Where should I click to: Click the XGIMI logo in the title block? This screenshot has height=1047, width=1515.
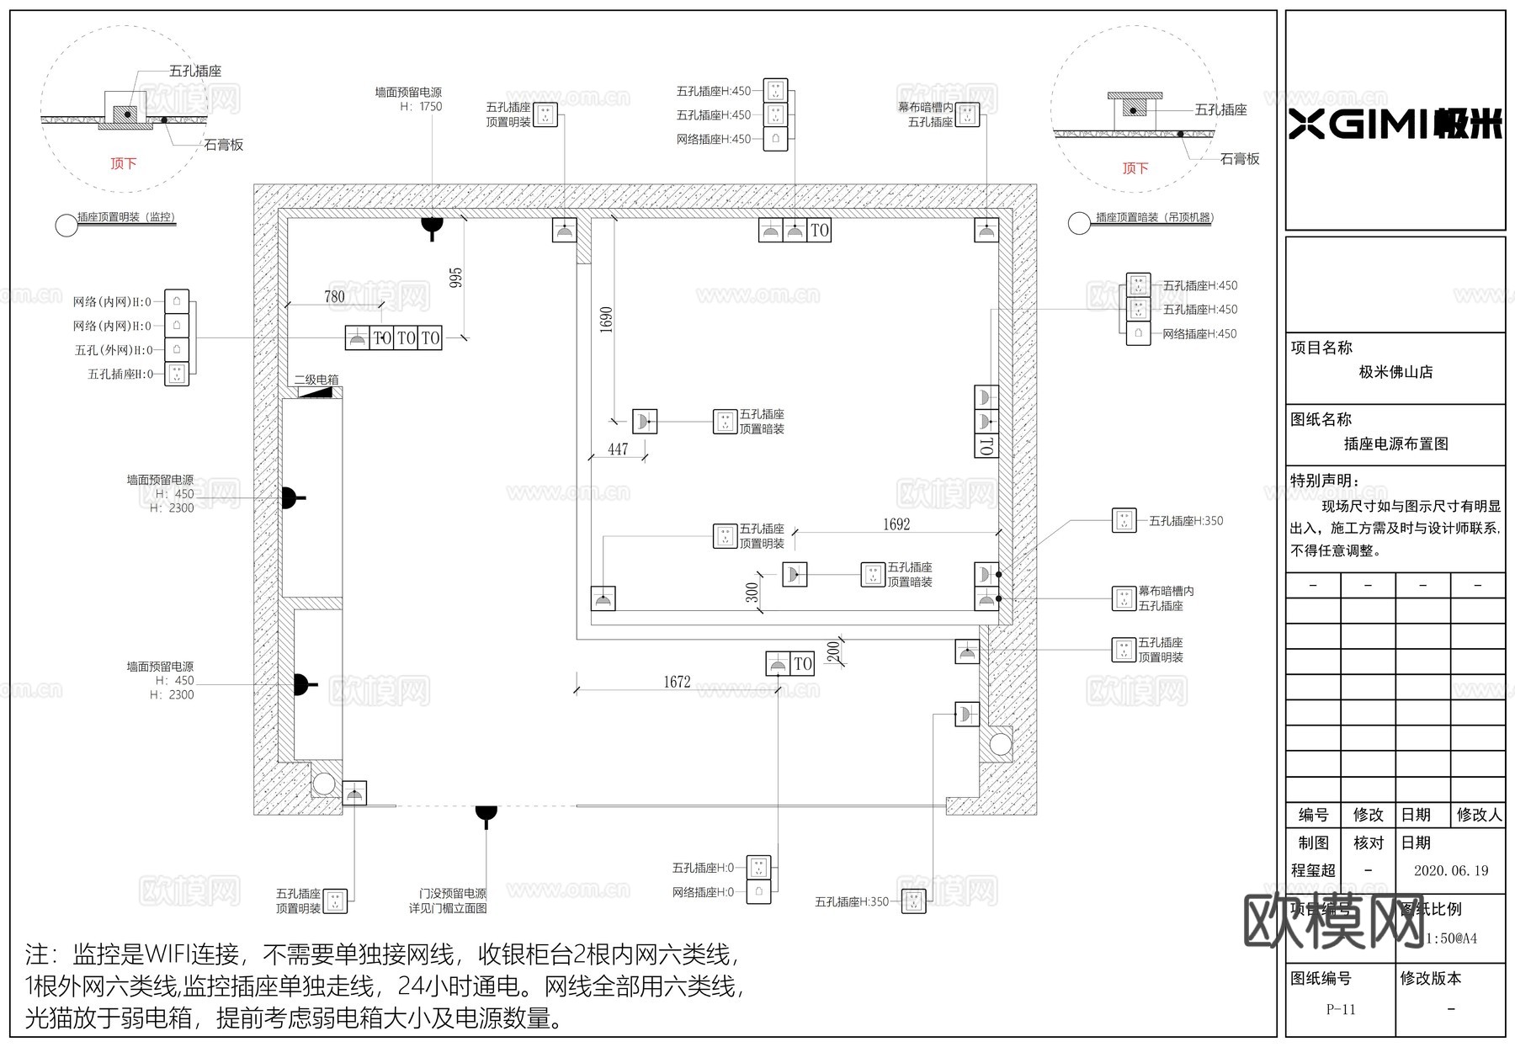1395,125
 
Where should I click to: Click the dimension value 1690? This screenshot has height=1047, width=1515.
606,320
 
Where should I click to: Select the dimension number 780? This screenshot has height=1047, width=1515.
334,296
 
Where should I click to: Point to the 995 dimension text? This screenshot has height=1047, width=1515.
455,278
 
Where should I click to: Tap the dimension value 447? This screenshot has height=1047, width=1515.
618,449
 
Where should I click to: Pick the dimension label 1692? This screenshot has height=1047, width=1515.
896,524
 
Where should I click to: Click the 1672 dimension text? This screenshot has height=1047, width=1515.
677,682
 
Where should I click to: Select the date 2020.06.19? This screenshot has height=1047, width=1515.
1451,870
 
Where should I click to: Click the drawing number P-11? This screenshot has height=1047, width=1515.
1340,1009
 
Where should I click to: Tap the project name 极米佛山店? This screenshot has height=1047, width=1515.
1395,372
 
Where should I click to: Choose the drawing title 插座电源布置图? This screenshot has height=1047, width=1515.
1395,444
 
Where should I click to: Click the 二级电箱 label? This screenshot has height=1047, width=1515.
316,380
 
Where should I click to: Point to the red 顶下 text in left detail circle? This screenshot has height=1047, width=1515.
123,163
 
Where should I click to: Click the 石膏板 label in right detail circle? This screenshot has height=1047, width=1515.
1240,158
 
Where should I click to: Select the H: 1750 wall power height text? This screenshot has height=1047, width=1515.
421,107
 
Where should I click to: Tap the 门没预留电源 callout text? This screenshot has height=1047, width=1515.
453,894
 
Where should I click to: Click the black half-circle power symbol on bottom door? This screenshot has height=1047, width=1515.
486,812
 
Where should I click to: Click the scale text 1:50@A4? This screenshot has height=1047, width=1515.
1451,938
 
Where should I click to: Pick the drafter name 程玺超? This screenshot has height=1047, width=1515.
1313,870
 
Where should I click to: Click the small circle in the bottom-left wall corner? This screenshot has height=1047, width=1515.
323,785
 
